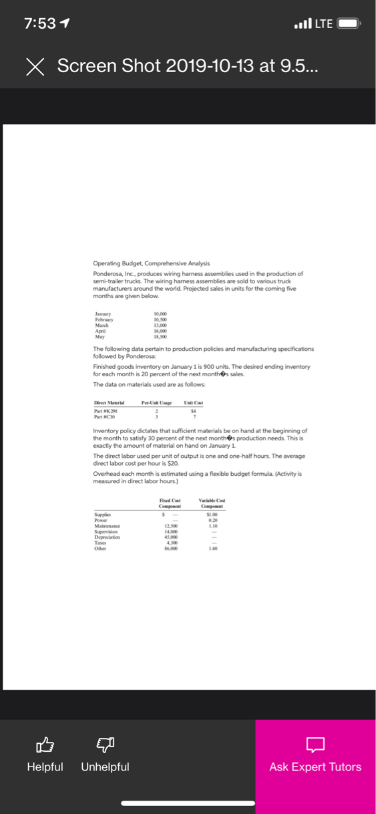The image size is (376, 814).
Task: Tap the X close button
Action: tap(36, 66)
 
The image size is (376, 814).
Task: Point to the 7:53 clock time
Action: tap(39, 23)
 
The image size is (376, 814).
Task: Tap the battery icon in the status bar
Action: tap(349, 24)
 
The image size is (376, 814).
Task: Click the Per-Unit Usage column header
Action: tap(157, 402)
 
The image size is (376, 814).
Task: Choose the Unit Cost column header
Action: tap(193, 402)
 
